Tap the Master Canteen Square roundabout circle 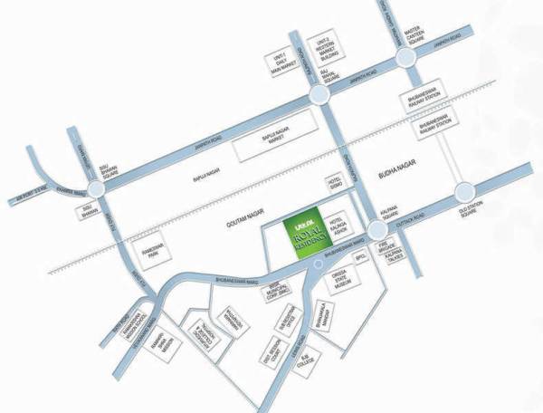point(408,58)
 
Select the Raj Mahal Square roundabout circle point(319,97)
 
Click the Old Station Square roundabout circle point(466,191)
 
